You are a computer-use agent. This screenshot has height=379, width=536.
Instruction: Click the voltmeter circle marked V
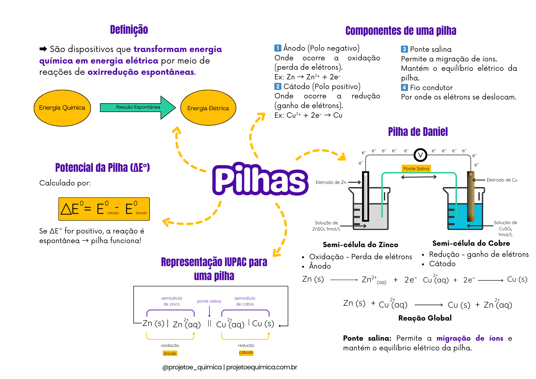[x=420, y=155]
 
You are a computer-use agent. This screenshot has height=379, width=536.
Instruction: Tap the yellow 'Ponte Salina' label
[x=416, y=169]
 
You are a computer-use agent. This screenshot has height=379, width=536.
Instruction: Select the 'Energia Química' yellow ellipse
[x=62, y=108]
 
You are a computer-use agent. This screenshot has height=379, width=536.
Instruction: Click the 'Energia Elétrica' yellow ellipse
[x=208, y=108]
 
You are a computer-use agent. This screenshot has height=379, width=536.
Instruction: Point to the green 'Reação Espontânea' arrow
[x=138, y=107]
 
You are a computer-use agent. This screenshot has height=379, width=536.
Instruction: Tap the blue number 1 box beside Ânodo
[x=278, y=48]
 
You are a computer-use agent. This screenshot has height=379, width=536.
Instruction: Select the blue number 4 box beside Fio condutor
[x=404, y=87]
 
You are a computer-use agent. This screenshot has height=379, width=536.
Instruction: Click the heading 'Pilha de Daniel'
[x=418, y=132]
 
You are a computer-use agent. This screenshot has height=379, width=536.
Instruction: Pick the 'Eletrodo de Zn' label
[x=331, y=182]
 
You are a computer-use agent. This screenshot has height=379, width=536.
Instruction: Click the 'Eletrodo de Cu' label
[x=502, y=180]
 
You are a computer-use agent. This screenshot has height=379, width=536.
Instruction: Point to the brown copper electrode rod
[x=471, y=196]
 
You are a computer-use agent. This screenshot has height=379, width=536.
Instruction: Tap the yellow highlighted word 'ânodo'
[x=170, y=353]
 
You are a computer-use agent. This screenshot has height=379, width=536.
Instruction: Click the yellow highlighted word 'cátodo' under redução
[x=246, y=352]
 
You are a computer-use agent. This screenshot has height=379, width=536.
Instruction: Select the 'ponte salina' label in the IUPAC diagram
[x=209, y=301]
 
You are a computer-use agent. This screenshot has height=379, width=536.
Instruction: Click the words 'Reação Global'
[x=425, y=318]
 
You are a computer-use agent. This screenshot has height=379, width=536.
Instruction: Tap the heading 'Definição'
[x=129, y=30]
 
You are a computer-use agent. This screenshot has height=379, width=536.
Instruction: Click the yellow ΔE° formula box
[x=104, y=209]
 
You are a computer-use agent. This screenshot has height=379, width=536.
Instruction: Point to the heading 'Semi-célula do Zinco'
[x=360, y=244]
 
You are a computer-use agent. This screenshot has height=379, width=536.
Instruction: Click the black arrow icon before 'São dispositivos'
[x=43, y=49]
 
